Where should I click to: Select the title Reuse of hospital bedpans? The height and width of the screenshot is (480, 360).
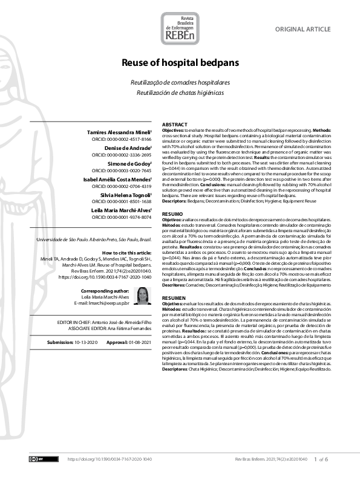pyautogui.click(x=180, y=63)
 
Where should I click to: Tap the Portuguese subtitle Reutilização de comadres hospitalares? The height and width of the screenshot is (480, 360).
pyautogui.click(x=180, y=82)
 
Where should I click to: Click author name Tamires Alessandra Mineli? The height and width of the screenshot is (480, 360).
pyautogui.click(x=115, y=131)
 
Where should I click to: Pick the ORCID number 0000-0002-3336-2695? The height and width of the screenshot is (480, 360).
pyautogui.click(x=128, y=155)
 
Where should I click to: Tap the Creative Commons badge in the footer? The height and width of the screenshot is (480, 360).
pyautogui.click(x=36, y=459)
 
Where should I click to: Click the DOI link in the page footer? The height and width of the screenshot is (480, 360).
pyautogui.click(x=110, y=459)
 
